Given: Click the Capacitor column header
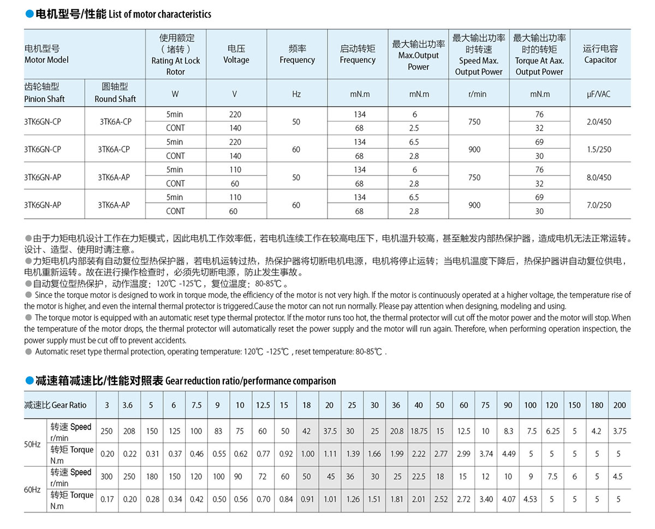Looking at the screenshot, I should click(x=600, y=54).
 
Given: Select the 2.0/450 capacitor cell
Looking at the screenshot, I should click(x=599, y=121).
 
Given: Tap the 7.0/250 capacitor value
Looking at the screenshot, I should click(x=599, y=204).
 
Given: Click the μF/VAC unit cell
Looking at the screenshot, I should click(x=599, y=94).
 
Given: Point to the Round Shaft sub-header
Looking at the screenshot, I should click(x=115, y=92).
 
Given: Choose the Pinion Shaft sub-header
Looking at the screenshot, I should click(x=45, y=92).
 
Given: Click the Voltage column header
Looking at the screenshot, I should click(x=236, y=54).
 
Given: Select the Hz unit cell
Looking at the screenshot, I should click(x=296, y=94).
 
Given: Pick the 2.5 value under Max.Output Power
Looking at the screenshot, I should click(x=414, y=128).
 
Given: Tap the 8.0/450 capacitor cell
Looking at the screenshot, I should click(x=599, y=177).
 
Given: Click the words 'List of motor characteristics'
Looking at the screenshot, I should click(x=160, y=14).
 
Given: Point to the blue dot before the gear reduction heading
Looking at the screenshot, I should click(x=29, y=380).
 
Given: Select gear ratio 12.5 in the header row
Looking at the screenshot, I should click(x=263, y=405).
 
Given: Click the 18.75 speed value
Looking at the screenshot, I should click(x=419, y=431).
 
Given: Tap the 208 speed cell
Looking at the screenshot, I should click(x=129, y=431).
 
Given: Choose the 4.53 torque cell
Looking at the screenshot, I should click(x=530, y=499).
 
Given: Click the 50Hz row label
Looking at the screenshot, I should click(x=32, y=443).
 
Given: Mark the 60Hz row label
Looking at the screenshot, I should click(x=32, y=489).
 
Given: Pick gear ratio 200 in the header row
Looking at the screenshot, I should click(x=620, y=405).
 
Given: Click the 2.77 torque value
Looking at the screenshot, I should click(x=440, y=454).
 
